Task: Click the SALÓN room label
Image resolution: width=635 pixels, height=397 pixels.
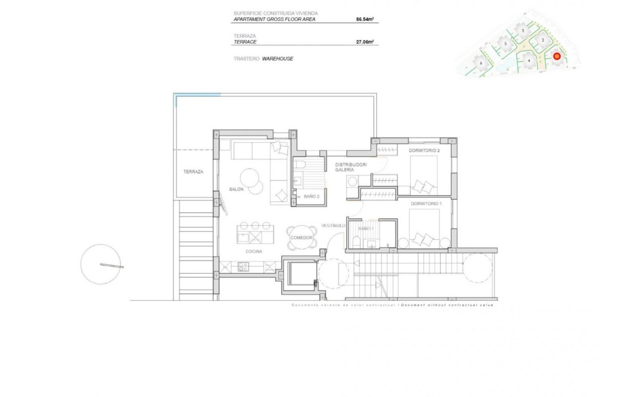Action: [x=236, y=189]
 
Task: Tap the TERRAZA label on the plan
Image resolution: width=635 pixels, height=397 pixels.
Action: [x=193, y=172]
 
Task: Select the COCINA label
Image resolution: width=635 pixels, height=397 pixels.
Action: [x=254, y=252]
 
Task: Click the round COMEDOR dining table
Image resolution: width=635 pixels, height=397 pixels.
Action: [x=301, y=237]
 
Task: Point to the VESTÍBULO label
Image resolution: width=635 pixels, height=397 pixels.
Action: [x=333, y=225]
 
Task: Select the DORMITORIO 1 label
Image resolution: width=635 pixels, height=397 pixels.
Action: [x=425, y=203]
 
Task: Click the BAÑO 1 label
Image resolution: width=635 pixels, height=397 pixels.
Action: [x=365, y=229]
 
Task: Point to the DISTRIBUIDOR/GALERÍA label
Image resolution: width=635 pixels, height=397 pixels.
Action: [x=350, y=167]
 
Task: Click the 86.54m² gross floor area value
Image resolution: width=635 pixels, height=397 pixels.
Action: [x=365, y=20]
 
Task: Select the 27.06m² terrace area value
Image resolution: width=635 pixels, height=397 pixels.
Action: [x=365, y=43]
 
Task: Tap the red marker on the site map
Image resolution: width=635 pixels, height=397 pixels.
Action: [x=557, y=57]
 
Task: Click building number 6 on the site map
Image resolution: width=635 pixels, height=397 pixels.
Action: [x=481, y=63]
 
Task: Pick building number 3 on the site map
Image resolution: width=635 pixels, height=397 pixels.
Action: [x=522, y=30]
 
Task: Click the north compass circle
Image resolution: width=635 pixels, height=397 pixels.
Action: [x=101, y=265]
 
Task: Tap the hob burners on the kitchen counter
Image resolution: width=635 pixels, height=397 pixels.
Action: [x=243, y=266]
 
